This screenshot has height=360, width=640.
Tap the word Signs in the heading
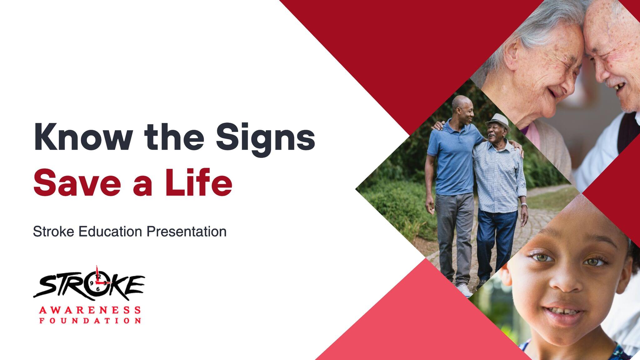click(266, 139)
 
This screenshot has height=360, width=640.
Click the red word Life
click(199, 182)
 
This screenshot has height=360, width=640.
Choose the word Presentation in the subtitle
click(187, 232)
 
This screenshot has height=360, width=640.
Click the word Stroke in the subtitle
click(53, 232)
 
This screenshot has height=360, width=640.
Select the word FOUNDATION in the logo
click(90, 321)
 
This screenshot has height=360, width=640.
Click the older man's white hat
click(498, 120)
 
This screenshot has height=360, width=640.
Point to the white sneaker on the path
click(464, 290)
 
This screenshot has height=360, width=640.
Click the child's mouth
click(562, 313)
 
